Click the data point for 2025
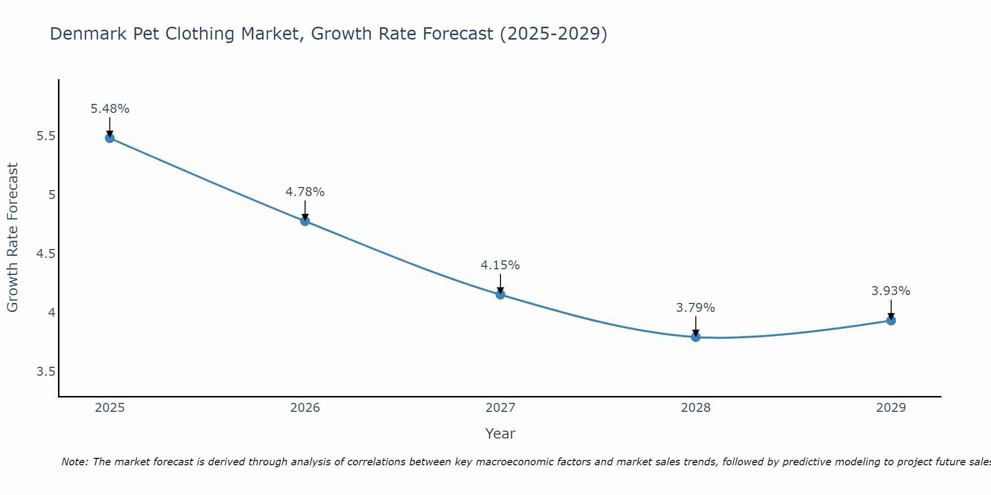[110, 138]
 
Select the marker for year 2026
[305, 221]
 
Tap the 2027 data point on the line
[500, 295]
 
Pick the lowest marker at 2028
[696, 337]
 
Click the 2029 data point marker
[891, 320]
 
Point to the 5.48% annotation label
[110, 109]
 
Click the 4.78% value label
[305, 192]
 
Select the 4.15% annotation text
[500, 265]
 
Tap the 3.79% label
[696, 308]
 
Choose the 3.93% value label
[891, 291]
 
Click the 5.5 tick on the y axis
[46, 136]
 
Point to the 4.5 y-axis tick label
[46, 254]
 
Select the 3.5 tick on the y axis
[46, 372]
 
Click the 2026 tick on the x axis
[305, 408]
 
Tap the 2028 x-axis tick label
[696, 408]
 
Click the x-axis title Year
[500, 434]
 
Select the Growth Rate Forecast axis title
[12, 238]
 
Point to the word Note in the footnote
[74, 462]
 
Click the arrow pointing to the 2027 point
[500, 284]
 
